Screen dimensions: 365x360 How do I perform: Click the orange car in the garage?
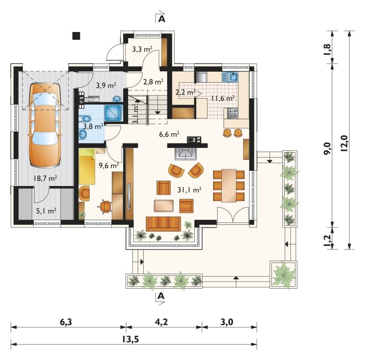[45, 125]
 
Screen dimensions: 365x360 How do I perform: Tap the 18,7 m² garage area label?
[45, 179]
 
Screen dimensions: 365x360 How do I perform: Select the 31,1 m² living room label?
[189, 190]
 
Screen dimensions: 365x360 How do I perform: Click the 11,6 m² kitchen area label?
[223, 98]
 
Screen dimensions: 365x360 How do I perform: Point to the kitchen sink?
[230, 77]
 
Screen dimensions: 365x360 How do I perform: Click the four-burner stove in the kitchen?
[233, 114]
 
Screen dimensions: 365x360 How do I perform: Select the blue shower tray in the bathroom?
[113, 113]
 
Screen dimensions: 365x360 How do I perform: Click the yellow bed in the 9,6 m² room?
[87, 167]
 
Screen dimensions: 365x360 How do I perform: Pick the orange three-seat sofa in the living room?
[163, 224]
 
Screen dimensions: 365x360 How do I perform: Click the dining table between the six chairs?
[229, 186]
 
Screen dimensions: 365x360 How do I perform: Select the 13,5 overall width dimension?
[130, 339]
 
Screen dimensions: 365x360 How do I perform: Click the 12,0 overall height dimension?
[344, 143]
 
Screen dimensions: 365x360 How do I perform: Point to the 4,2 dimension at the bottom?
[161, 322]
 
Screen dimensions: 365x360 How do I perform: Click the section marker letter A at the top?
[162, 19]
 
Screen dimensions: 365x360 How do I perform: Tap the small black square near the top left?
[76, 36]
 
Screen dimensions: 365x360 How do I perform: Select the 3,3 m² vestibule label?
[142, 49]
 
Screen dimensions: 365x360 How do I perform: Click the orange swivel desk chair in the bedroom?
[105, 206]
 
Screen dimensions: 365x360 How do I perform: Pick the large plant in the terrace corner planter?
[283, 274]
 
